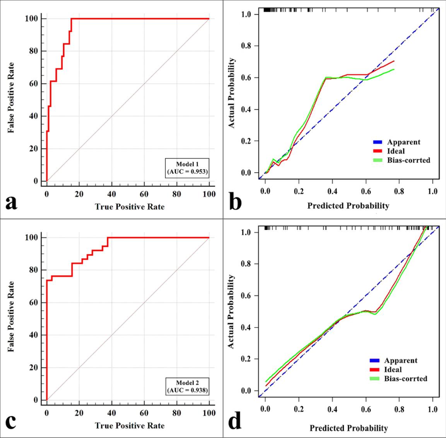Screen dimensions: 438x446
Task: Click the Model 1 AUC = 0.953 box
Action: (187, 168)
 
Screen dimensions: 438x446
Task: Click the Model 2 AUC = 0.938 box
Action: (187, 386)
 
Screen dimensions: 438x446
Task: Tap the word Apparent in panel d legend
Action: (401, 361)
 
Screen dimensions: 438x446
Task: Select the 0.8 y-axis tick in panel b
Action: (247, 46)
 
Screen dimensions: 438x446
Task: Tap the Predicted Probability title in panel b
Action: (348, 206)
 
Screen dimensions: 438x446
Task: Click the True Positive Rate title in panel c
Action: (130, 426)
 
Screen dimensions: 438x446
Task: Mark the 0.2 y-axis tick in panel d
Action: (247, 359)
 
